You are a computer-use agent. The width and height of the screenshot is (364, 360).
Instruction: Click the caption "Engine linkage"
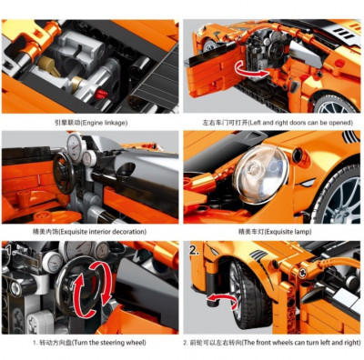[x=91, y=123]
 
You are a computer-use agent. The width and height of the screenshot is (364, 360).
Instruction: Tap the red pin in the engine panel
[x=100, y=95]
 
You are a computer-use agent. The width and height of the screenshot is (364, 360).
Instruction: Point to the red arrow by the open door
[x=251, y=69]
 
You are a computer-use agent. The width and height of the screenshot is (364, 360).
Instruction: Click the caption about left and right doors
[x=278, y=123]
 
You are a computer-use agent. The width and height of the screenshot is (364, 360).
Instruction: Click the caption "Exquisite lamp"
[x=275, y=232]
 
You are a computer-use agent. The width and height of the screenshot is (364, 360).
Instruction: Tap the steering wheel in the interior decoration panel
[x=63, y=173]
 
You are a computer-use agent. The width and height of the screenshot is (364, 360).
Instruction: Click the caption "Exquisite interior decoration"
[x=89, y=232]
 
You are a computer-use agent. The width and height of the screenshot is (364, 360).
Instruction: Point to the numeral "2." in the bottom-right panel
[x=194, y=250]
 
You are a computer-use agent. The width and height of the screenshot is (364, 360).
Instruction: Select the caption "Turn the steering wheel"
[x=89, y=343]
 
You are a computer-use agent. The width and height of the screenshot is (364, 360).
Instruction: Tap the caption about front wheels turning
[x=271, y=343]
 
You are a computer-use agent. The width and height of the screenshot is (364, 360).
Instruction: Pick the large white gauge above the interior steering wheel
[x=75, y=145]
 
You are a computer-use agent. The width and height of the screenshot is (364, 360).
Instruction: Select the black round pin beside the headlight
[x=297, y=155]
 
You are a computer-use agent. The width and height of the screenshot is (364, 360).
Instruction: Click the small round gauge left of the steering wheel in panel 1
[x=52, y=261]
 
